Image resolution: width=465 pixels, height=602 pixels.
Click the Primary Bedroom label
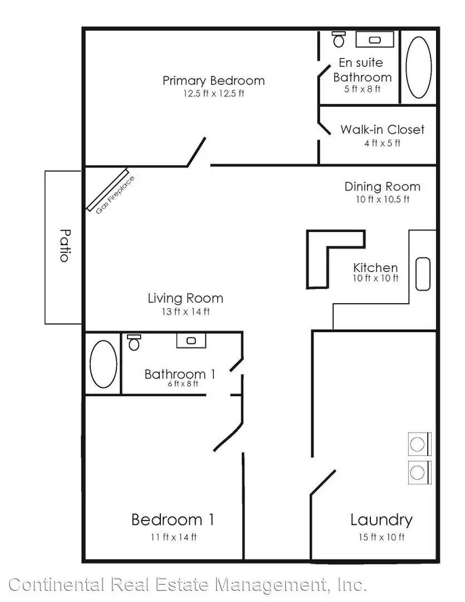214,81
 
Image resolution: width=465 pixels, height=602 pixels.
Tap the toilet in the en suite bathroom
339,39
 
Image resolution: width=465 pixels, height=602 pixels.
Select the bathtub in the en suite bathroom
419,67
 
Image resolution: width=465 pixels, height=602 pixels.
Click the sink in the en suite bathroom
375,40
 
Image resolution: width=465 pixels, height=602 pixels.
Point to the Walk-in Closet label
383,129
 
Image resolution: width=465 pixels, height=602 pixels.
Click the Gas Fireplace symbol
107,190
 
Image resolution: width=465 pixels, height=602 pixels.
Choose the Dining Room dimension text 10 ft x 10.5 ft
383,199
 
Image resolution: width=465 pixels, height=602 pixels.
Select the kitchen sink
423,274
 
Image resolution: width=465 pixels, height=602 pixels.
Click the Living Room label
185,298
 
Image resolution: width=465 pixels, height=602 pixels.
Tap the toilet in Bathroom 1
134,342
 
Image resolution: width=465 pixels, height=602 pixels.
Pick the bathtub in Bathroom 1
103,363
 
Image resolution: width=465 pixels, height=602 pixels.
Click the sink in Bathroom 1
191,341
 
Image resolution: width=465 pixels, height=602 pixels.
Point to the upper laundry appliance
419,444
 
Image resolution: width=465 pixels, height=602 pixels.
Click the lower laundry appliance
419,472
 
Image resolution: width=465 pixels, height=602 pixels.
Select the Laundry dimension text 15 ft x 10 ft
381,537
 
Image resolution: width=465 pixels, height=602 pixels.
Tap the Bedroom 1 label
173,520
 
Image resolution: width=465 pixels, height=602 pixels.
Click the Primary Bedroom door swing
197,152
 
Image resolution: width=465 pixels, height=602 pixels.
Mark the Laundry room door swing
323,483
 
